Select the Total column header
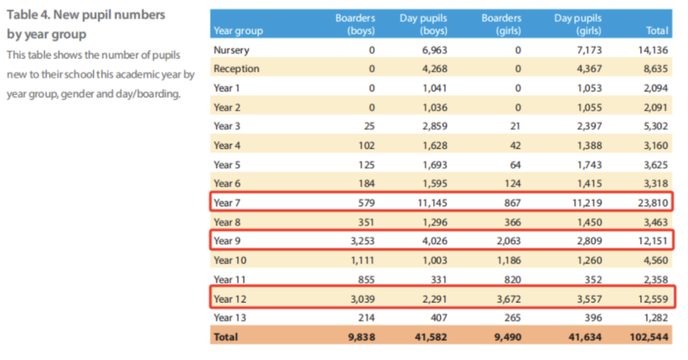click(x=657, y=31)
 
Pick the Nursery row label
click(x=231, y=50)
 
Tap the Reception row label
click(x=236, y=69)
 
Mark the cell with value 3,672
click(x=508, y=299)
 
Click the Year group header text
click(x=238, y=31)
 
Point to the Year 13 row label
click(x=229, y=317)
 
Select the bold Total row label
click(x=226, y=336)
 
